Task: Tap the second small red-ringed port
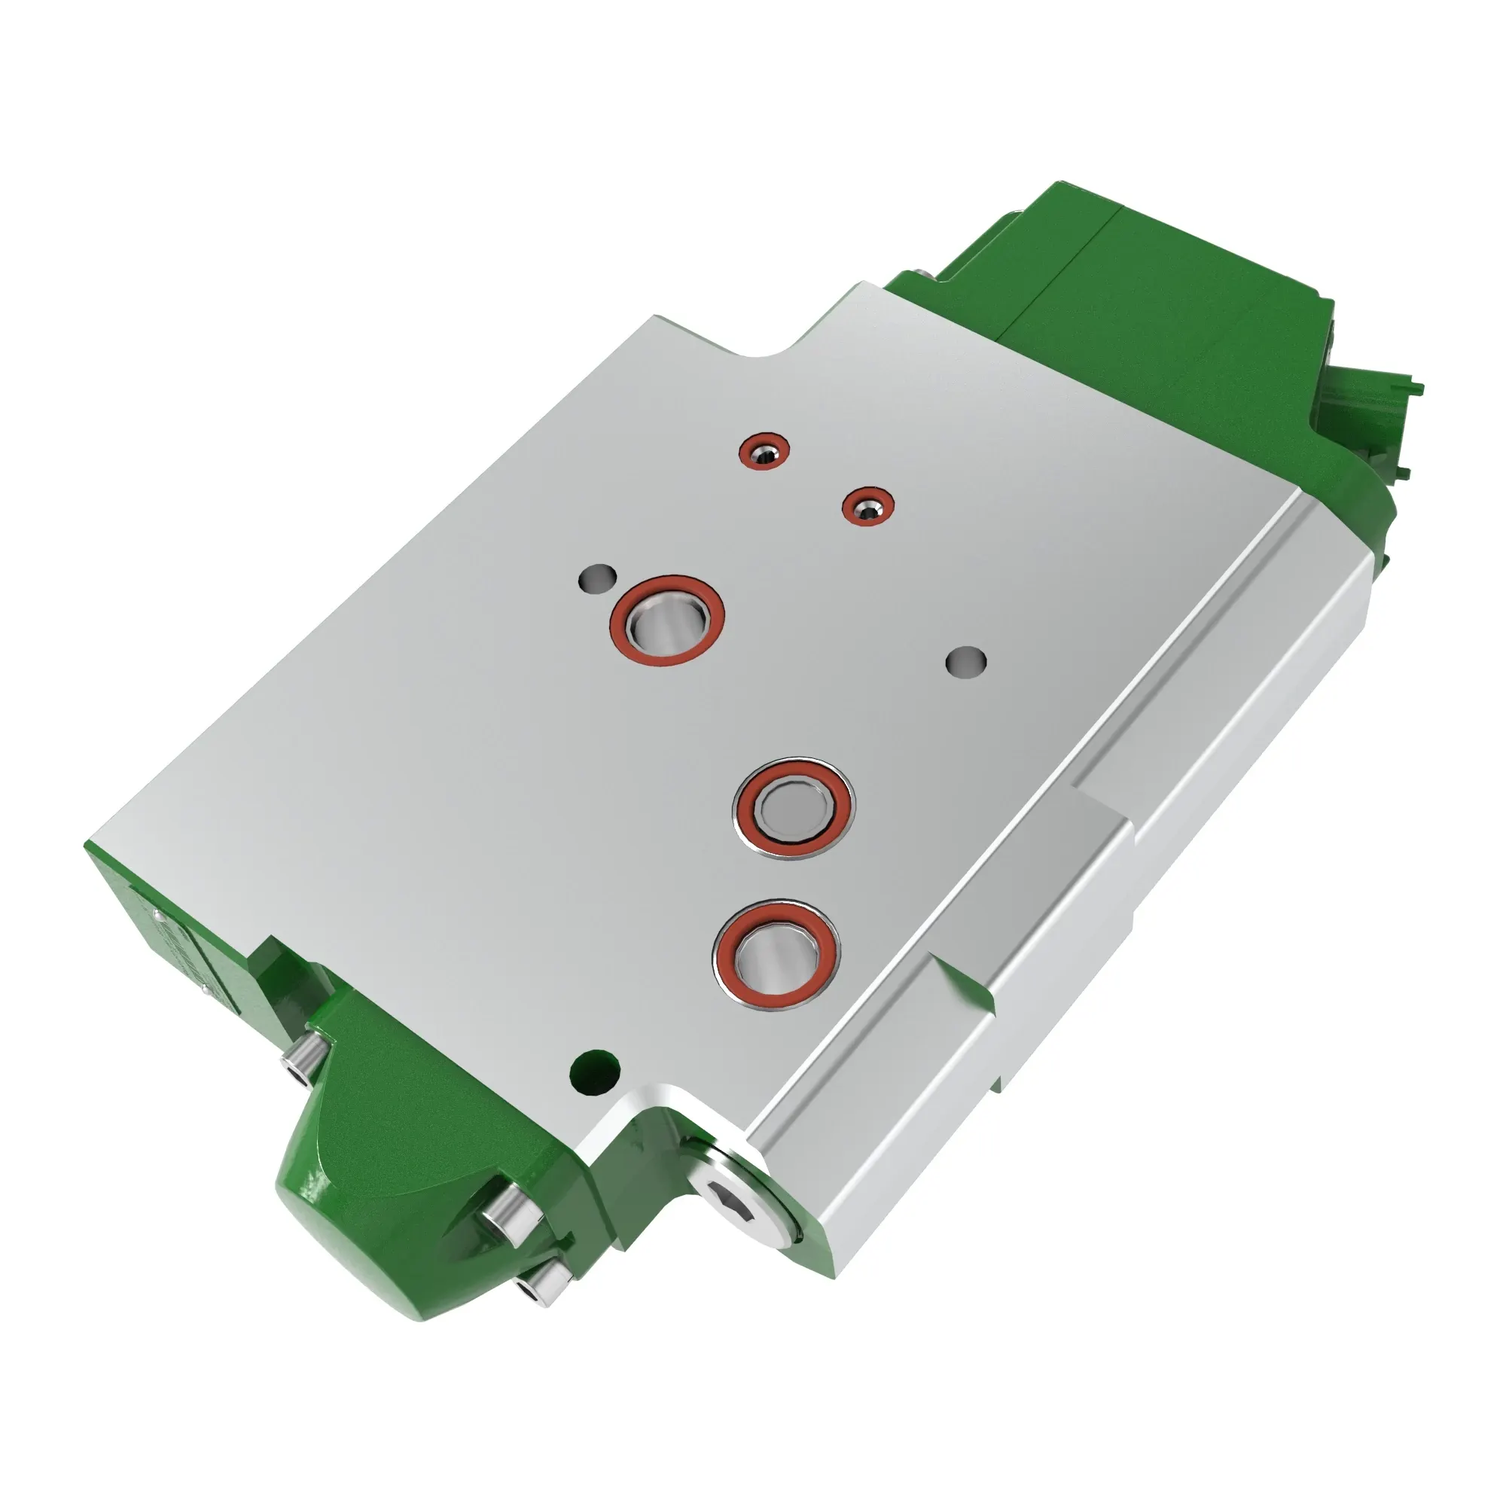(x=867, y=507)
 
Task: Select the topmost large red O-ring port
(x=666, y=620)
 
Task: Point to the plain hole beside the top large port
(x=598, y=578)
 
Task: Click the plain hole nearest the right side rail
(x=966, y=661)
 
